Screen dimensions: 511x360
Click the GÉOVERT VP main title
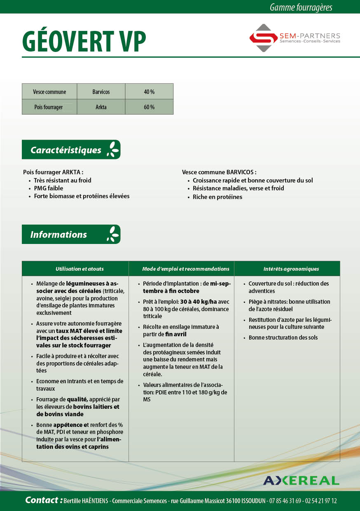click(84, 41)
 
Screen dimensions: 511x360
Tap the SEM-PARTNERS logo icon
click(263, 38)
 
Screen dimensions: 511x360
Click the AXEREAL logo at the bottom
click(301, 481)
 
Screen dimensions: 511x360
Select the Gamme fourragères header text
click(301, 7)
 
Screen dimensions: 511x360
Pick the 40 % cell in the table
click(149, 91)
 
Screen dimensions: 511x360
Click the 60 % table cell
click(149, 107)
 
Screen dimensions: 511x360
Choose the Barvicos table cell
click(101, 91)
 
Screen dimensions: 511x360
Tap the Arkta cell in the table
click(101, 107)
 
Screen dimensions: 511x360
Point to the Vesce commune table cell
click(49, 91)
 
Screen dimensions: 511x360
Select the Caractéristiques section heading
click(66, 150)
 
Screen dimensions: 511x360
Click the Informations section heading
click(59, 234)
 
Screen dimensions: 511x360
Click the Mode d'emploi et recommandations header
click(185, 269)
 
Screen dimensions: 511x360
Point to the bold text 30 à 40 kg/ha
click(199, 302)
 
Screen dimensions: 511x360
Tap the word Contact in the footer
click(42, 500)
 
